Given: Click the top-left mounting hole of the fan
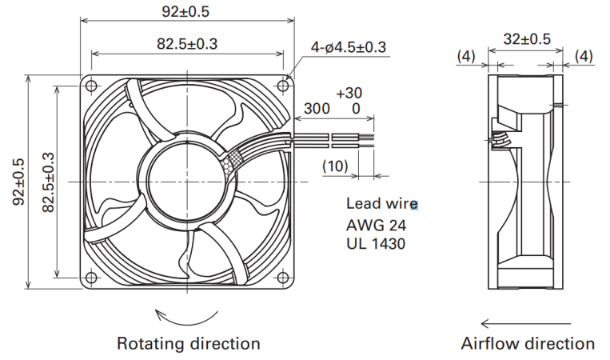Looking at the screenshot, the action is [x=90, y=86].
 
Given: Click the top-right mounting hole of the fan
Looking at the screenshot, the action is [x=283, y=86].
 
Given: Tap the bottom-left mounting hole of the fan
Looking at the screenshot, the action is [x=90, y=278].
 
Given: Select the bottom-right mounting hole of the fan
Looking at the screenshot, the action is [x=283, y=278].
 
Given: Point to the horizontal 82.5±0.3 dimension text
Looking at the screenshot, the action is [x=187, y=43].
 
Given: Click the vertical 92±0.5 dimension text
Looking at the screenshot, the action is [x=18, y=182].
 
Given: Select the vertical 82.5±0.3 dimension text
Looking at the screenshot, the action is [x=48, y=182].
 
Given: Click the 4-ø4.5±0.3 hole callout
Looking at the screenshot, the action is [x=349, y=47].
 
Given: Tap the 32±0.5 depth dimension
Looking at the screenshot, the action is [x=527, y=39].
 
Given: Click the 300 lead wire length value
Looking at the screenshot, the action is [x=317, y=109].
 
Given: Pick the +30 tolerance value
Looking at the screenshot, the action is [x=349, y=93].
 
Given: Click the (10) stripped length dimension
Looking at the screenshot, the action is [x=335, y=166].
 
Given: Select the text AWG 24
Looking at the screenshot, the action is [x=377, y=225].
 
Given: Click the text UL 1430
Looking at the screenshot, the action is [x=376, y=244].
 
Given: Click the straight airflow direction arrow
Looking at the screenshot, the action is [x=526, y=323].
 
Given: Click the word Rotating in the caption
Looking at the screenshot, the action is [x=150, y=344].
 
